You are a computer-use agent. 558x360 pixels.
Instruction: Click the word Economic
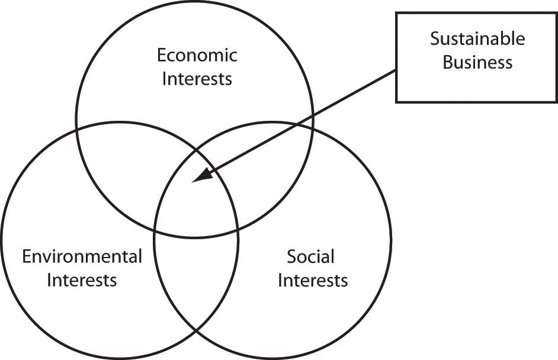click(197, 56)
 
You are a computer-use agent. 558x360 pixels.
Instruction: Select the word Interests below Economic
click(197, 79)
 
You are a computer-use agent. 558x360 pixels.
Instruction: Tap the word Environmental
click(82, 256)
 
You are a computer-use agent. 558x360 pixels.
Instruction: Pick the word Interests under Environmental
click(82, 280)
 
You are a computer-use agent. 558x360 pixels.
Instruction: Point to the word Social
click(310, 256)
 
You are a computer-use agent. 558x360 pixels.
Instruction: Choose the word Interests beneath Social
click(313, 280)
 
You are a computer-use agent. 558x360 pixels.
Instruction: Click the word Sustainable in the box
click(477, 38)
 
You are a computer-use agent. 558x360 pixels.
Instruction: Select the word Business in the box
click(477, 62)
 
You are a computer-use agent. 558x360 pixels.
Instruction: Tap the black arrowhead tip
click(192, 182)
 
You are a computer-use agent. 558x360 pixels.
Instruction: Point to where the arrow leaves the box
click(396, 70)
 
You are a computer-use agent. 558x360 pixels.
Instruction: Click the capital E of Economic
click(162, 56)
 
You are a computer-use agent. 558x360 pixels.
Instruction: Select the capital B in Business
click(448, 62)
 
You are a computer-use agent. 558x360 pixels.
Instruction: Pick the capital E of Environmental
click(27, 256)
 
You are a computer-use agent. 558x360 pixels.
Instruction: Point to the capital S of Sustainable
click(435, 38)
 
